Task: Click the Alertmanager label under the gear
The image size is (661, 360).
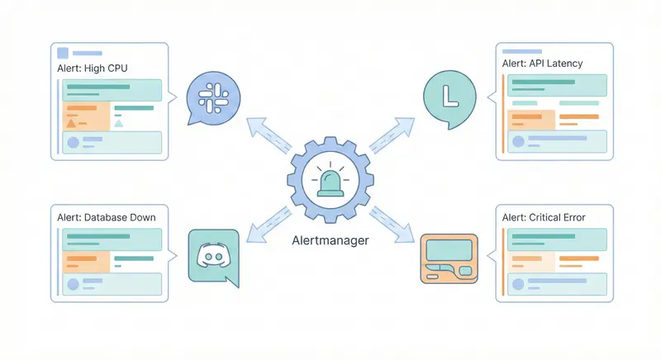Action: pos(331,241)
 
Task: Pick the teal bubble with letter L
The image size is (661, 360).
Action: pos(449,96)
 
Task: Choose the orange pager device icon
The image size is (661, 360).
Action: pos(449,257)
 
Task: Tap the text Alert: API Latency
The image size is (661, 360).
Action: pos(542,63)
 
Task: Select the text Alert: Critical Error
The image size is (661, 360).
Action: pos(544,217)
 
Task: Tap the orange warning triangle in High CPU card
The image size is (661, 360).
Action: pos(72,123)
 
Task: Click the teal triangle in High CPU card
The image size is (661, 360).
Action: pos(119,123)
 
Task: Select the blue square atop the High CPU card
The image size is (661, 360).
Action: pos(61,52)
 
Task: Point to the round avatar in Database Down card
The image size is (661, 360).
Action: pos(73,283)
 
